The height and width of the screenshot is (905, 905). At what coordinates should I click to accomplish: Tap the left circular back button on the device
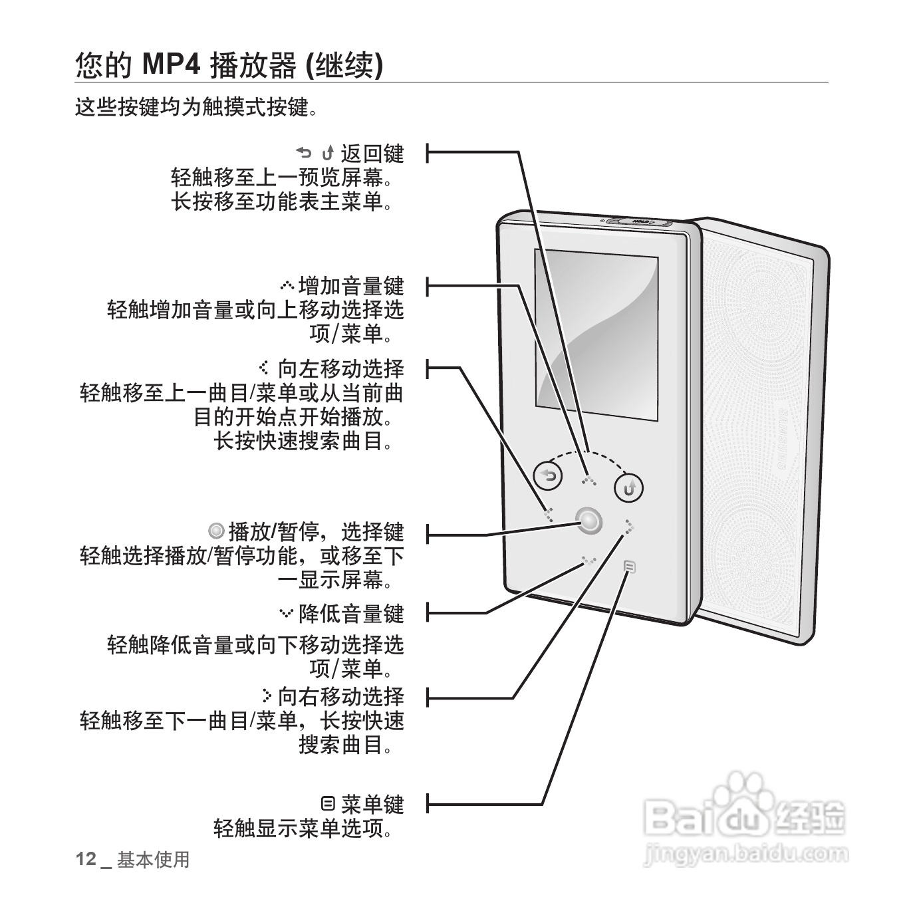(548, 475)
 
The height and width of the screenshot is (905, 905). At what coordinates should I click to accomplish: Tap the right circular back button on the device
(628, 489)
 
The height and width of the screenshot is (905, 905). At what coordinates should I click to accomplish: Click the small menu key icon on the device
(630, 567)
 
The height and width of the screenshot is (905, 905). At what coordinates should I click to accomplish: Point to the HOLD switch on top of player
(640, 221)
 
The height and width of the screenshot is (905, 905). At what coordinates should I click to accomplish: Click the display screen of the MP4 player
(596, 336)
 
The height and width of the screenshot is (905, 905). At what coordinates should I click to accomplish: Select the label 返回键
(372, 154)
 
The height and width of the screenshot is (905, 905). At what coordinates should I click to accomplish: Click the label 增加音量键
(351, 287)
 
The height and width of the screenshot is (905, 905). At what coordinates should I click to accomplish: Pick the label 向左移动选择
(340, 369)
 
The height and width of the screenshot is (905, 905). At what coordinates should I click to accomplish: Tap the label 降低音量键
(351, 613)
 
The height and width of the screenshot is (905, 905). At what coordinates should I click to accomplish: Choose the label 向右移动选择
(340, 697)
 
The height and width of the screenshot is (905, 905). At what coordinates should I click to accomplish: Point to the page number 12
(86, 859)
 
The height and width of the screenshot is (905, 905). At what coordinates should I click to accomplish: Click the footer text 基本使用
(154, 860)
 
